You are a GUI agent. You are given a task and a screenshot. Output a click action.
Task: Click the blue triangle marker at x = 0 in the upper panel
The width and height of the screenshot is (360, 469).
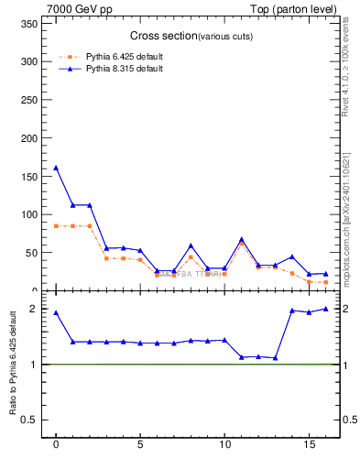click(x=56, y=168)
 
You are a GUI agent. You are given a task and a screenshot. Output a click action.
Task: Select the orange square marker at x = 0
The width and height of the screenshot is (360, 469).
click(x=56, y=225)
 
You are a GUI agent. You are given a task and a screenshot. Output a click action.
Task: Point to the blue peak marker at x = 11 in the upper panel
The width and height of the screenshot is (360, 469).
click(x=242, y=239)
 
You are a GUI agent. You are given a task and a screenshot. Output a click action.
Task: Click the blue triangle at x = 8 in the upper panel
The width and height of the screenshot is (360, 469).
click(x=191, y=245)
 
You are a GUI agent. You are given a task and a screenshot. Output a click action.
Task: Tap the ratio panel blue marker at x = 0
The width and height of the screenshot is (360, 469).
click(x=56, y=312)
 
